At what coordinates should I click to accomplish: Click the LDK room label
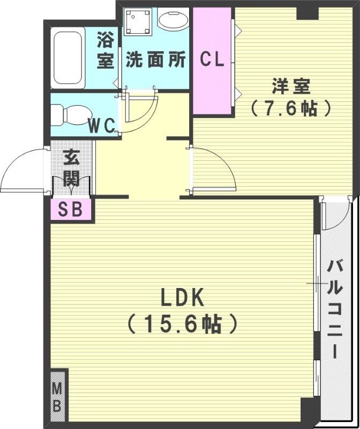click(181, 298)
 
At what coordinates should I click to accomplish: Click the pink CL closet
click(212, 60)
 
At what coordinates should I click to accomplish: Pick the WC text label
click(102, 127)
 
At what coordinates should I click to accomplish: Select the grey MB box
click(58, 397)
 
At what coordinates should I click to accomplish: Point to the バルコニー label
click(335, 308)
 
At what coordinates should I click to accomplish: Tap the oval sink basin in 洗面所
click(173, 23)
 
